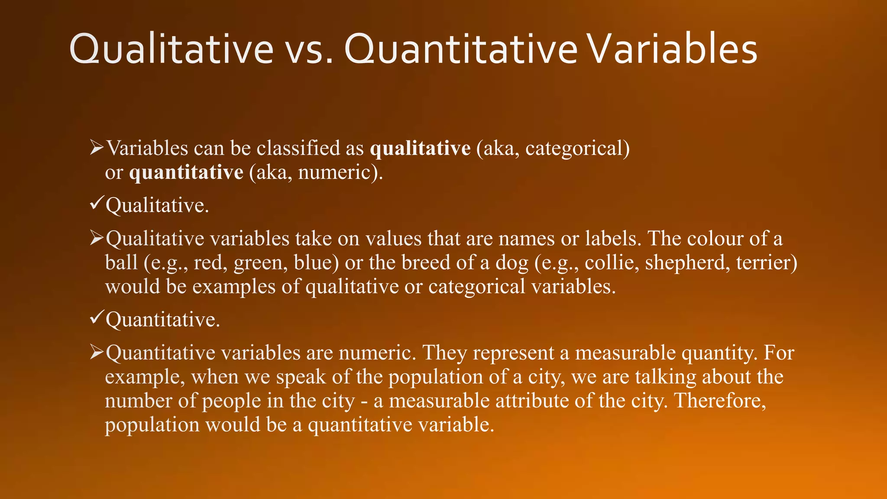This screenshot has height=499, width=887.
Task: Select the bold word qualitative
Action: (420, 149)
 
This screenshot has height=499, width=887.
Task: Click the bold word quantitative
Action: (186, 173)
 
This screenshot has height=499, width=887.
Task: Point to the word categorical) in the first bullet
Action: (577, 149)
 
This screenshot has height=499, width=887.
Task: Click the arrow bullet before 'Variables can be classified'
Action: (96, 147)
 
